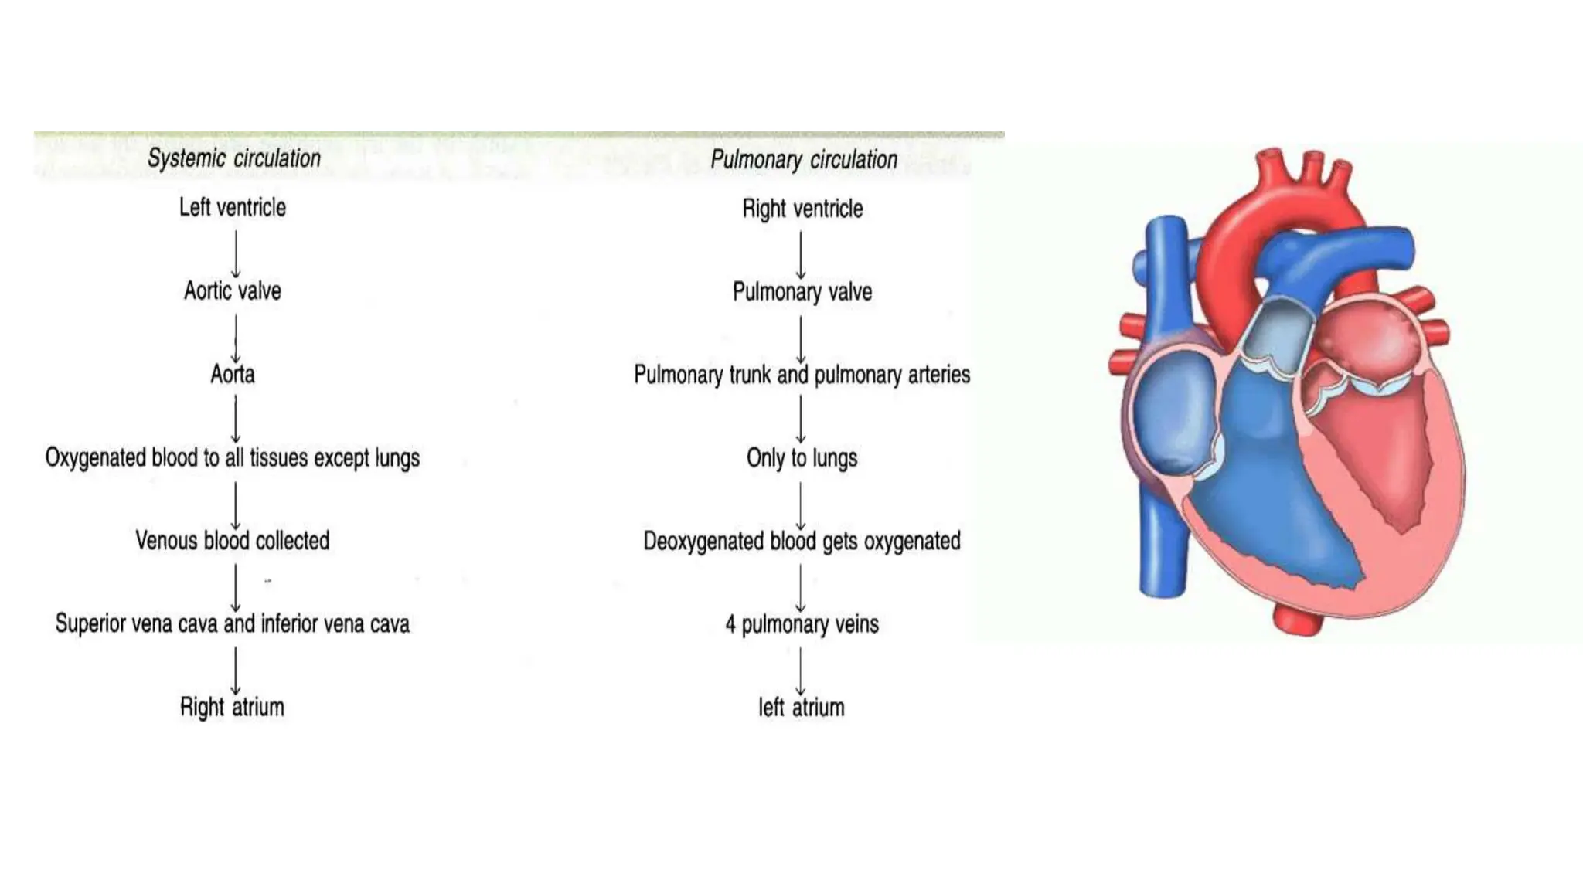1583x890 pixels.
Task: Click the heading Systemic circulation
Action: coord(233,158)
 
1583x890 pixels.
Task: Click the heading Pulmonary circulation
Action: coord(804,160)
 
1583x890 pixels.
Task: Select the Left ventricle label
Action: coord(233,207)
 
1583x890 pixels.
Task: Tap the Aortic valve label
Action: coord(233,290)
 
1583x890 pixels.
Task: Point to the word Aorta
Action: coord(233,374)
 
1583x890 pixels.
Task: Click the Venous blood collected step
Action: coord(233,540)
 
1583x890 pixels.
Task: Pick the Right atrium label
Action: coord(233,707)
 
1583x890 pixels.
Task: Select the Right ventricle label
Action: coord(802,209)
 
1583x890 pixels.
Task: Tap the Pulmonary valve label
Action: coord(802,292)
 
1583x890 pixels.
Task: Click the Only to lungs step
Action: coord(802,458)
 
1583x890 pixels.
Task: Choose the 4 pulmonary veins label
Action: coord(802,624)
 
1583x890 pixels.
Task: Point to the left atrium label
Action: coord(802,708)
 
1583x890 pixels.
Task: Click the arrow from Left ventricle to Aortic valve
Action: coord(236,253)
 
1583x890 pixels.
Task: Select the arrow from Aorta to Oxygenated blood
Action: coord(236,419)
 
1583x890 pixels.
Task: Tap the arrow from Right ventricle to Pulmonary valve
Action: coord(801,254)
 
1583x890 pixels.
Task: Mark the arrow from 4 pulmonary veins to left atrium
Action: coord(801,670)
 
